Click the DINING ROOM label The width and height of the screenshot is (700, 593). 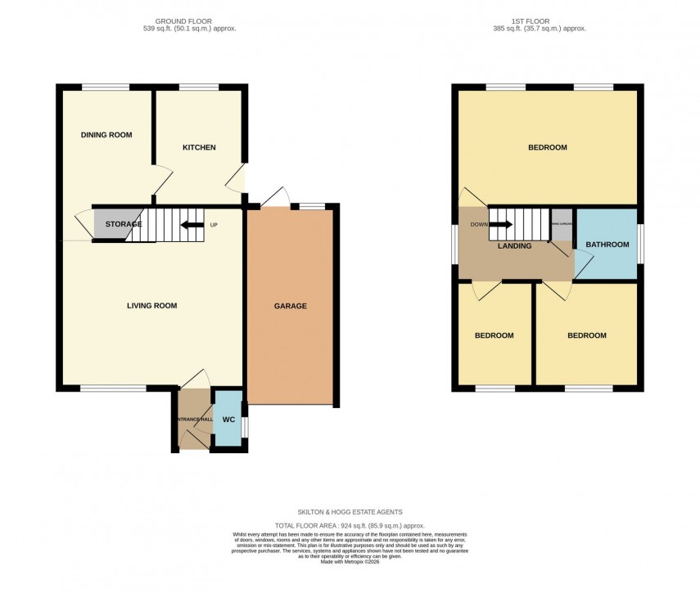(106, 135)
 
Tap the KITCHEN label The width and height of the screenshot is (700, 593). (199, 147)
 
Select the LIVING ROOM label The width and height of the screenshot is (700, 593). (151, 306)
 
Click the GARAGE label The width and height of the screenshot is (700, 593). (290, 306)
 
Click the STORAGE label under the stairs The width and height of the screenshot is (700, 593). (123, 224)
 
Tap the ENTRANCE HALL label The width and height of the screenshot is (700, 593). (193, 420)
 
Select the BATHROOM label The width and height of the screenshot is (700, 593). (607, 245)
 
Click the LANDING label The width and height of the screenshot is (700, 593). (514, 246)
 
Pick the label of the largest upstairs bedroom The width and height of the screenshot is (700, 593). (547, 148)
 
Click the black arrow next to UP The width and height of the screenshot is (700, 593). (192, 225)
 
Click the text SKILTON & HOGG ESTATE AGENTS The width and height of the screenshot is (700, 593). (350, 512)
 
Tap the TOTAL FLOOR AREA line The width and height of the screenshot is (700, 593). (350, 526)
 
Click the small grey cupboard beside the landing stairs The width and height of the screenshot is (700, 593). (562, 226)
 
